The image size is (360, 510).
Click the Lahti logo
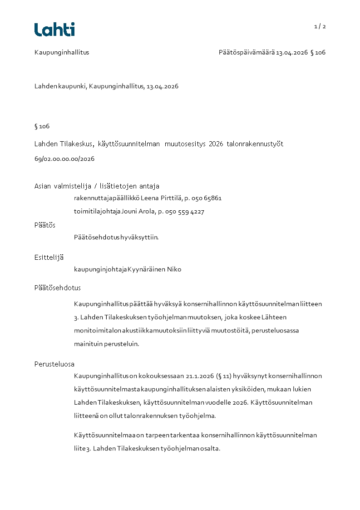pos(54,30)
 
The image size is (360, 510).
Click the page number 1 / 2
pos(320,26)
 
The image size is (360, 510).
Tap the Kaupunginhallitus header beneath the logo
pos(62,52)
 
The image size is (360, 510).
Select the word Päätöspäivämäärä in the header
pos(247,52)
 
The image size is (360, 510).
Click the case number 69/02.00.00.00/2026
pos(64,159)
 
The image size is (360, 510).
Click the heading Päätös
pos(45,225)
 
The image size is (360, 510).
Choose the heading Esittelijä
pos(49,257)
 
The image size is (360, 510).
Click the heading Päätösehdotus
pos(58,288)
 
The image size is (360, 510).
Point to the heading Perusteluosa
pos(54,364)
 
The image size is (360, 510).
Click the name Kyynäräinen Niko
pos(154,269)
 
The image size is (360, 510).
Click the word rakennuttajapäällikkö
pos(107,198)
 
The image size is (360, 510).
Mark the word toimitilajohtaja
pos(97,212)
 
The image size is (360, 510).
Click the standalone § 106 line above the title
pos(42,126)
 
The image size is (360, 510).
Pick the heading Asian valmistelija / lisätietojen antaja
pos(97,186)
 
